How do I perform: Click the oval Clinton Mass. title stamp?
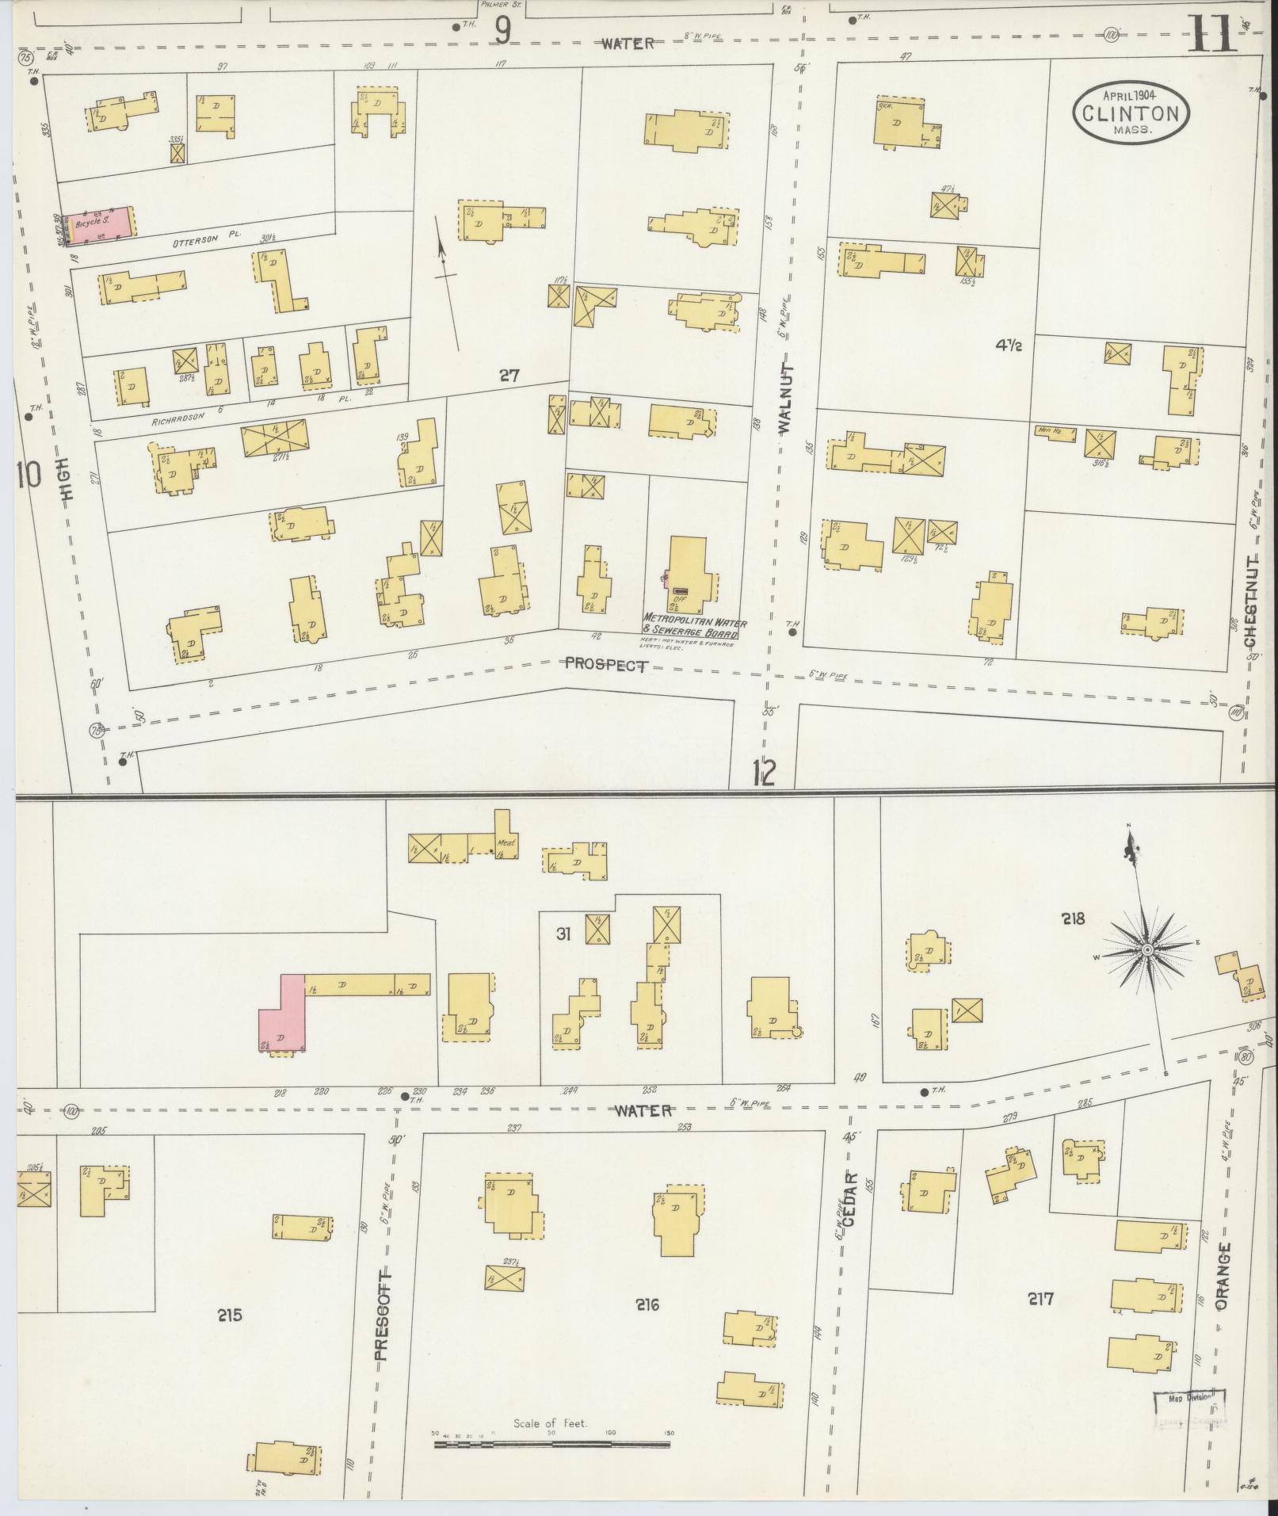click(x=1131, y=113)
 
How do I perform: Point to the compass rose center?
click(x=1146, y=949)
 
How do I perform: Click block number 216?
click(x=647, y=1304)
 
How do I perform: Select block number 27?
click(x=509, y=376)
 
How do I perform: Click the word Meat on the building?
click(x=505, y=842)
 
